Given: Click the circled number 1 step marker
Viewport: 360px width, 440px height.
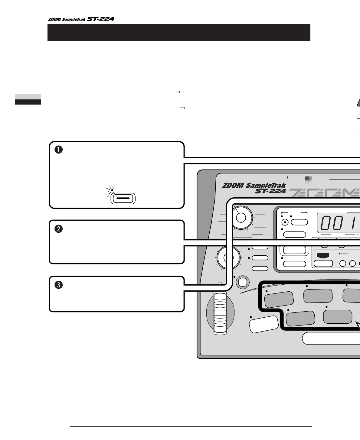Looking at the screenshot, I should pos(58,150).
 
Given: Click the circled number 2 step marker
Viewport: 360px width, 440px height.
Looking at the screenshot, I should pos(58,229).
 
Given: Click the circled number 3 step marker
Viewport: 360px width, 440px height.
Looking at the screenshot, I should pos(58,285).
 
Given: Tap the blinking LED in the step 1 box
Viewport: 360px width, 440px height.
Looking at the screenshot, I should pos(112,190).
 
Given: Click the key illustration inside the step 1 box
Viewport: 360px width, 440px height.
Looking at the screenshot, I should pos(123,199).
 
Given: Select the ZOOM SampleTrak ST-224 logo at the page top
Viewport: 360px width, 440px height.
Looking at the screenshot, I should pos(81,19).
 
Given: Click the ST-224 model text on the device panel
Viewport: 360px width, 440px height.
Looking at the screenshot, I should pos(270,191).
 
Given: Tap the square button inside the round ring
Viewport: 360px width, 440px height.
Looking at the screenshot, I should pos(243,282).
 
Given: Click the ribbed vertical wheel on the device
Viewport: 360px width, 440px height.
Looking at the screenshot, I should pos(220,313).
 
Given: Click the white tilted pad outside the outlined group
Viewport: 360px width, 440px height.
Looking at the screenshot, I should pos(263,324).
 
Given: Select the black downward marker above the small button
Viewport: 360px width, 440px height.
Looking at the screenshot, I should pos(323,256).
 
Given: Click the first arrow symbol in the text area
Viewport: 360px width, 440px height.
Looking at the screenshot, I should pos(178,92).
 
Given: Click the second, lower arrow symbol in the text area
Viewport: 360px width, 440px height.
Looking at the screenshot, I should pos(182,108).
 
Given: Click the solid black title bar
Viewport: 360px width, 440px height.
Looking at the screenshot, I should pos(179,32).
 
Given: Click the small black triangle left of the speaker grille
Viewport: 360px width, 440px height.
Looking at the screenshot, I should pos(287,178).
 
